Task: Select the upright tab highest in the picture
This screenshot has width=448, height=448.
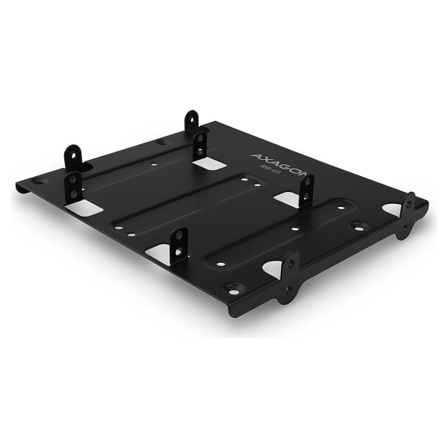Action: pyautogui.click(x=193, y=122)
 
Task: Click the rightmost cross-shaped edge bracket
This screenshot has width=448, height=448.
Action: pyautogui.click(x=408, y=215)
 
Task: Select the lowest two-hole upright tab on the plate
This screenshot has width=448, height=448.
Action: pyautogui.click(x=178, y=246)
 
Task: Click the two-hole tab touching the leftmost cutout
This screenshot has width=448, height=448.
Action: pyautogui.click(x=73, y=187)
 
